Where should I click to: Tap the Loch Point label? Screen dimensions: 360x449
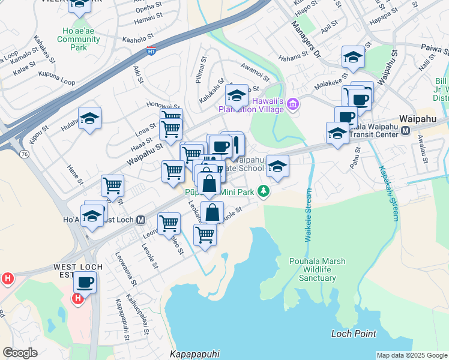coord(354,334)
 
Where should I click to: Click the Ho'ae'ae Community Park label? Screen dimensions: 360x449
coord(79,39)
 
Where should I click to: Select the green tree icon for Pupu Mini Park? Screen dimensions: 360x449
coord(263,191)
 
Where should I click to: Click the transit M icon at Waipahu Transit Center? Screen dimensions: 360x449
coord(406,131)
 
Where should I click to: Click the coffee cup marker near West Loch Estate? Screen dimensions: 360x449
coord(85,281)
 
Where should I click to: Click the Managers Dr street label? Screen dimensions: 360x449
coord(307,40)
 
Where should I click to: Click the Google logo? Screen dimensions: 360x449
coord(20,353)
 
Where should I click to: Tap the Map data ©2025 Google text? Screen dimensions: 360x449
coord(411,355)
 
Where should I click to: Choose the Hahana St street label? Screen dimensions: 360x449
coord(294,58)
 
